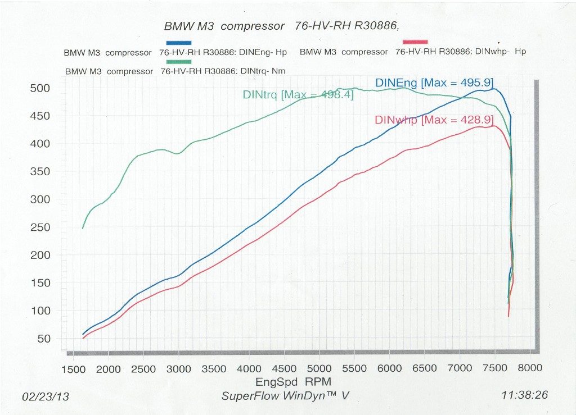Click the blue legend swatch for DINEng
[179, 43]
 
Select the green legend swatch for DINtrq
[179, 62]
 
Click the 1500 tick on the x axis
[74, 369]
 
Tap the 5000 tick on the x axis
[319, 369]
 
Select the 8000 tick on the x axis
[530, 369]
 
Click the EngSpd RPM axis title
[286, 381]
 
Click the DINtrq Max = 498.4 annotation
[298, 95]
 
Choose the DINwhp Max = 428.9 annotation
[434, 120]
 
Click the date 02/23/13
[46, 396]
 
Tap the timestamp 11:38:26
[524, 395]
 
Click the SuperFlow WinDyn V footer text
[285, 396]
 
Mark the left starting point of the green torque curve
[83, 228]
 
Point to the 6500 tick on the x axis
[424, 369]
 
